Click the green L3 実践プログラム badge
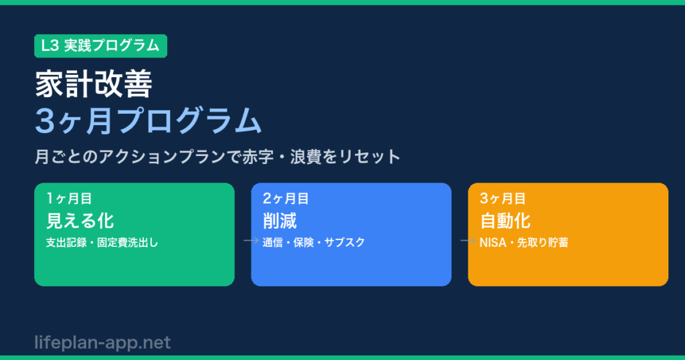coord(100,46)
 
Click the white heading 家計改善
coord(94,84)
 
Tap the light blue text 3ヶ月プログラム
coord(148,120)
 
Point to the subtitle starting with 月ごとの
coord(217,157)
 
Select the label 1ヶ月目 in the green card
coord(69,199)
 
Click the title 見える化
coord(80,221)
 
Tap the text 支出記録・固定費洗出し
coord(102,242)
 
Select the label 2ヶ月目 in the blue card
coord(286,199)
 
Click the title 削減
coord(280,221)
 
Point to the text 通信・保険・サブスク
coord(314,242)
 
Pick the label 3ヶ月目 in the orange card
coord(502,199)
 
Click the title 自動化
coord(505,221)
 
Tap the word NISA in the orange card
coord(493,242)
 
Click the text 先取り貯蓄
coord(543,242)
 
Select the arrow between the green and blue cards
coord(252,240)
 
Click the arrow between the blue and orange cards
coord(468,240)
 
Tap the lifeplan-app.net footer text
coord(102,343)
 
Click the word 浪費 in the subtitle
coord(306,157)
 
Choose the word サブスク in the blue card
coord(345,242)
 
